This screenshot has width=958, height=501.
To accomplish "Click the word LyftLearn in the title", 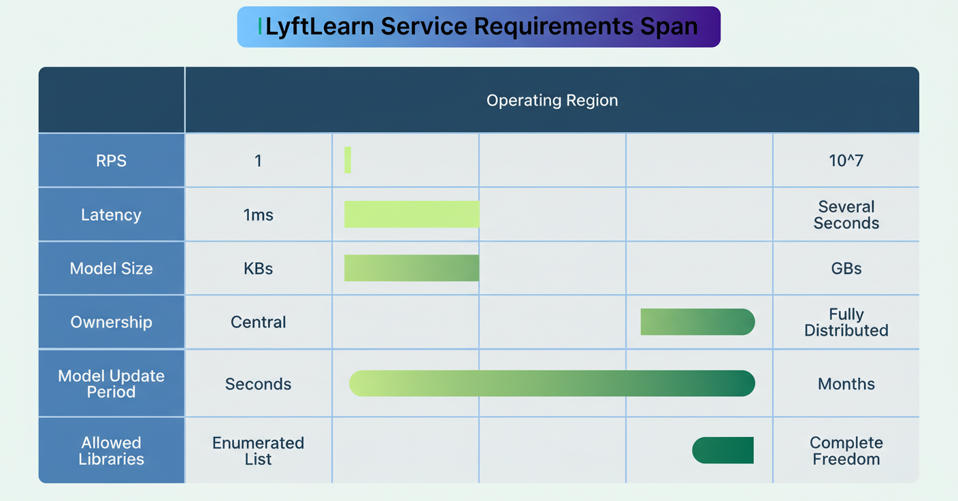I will point(319,27).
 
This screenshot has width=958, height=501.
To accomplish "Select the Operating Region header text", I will point(552,100).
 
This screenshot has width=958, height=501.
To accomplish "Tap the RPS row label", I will point(111,161).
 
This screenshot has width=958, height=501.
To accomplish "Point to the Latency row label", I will point(111,214).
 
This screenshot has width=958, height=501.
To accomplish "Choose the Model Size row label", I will point(111,268).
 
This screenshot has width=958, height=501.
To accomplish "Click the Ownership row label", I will point(111,322).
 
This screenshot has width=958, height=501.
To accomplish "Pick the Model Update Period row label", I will point(111,384).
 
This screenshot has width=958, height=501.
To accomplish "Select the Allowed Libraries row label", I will point(111,451).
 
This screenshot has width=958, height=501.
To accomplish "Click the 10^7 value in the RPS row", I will point(846,161).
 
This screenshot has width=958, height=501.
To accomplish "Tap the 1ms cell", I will point(258,215).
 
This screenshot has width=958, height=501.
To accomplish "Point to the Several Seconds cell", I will point(846,215).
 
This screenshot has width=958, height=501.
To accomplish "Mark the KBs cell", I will point(258,268).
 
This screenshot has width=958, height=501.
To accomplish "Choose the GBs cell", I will point(846,268).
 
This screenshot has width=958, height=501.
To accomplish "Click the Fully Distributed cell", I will point(846,322).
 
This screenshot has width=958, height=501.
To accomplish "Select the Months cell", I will point(846,384).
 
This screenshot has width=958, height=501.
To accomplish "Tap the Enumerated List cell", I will point(258,451).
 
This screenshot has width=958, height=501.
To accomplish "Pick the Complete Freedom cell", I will point(846,451).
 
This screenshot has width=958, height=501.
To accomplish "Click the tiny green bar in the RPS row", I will point(348,160).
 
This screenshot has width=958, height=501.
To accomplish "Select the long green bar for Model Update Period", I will point(552,383).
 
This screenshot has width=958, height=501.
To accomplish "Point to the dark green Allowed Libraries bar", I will point(723,450).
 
